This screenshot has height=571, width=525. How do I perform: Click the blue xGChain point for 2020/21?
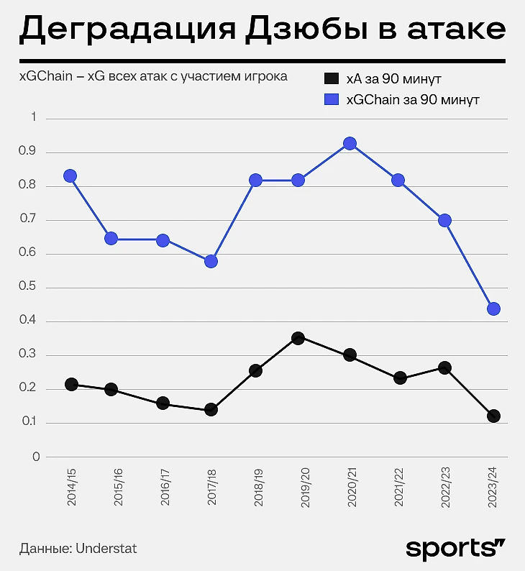pyautogui.click(x=350, y=144)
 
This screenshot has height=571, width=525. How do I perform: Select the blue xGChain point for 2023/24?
pyautogui.click(x=493, y=309)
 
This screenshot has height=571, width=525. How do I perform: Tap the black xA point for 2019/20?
pyautogui.click(x=298, y=338)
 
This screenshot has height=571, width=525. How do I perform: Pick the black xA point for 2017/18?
pyautogui.click(x=211, y=410)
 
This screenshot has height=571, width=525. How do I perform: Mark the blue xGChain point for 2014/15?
pyautogui.click(x=70, y=176)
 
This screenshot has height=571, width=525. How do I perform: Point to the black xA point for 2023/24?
pyautogui.click(x=493, y=416)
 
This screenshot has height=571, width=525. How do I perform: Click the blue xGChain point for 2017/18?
pyautogui.click(x=211, y=262)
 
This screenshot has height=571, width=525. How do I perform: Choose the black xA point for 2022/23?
pyautogui.click(x=444, y=368)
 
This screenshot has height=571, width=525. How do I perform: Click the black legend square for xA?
pyautogui.click(x=331, y=78)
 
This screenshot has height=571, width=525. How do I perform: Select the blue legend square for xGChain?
pyautogui.click(x=331, y=99)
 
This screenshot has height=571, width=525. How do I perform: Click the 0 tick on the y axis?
pyautogui.click(x=35, y=457)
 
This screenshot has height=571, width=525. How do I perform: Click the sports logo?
pyautogui.click(x=456, y=547)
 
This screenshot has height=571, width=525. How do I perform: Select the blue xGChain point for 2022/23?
pyautogui.click(x=444, y=221)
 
